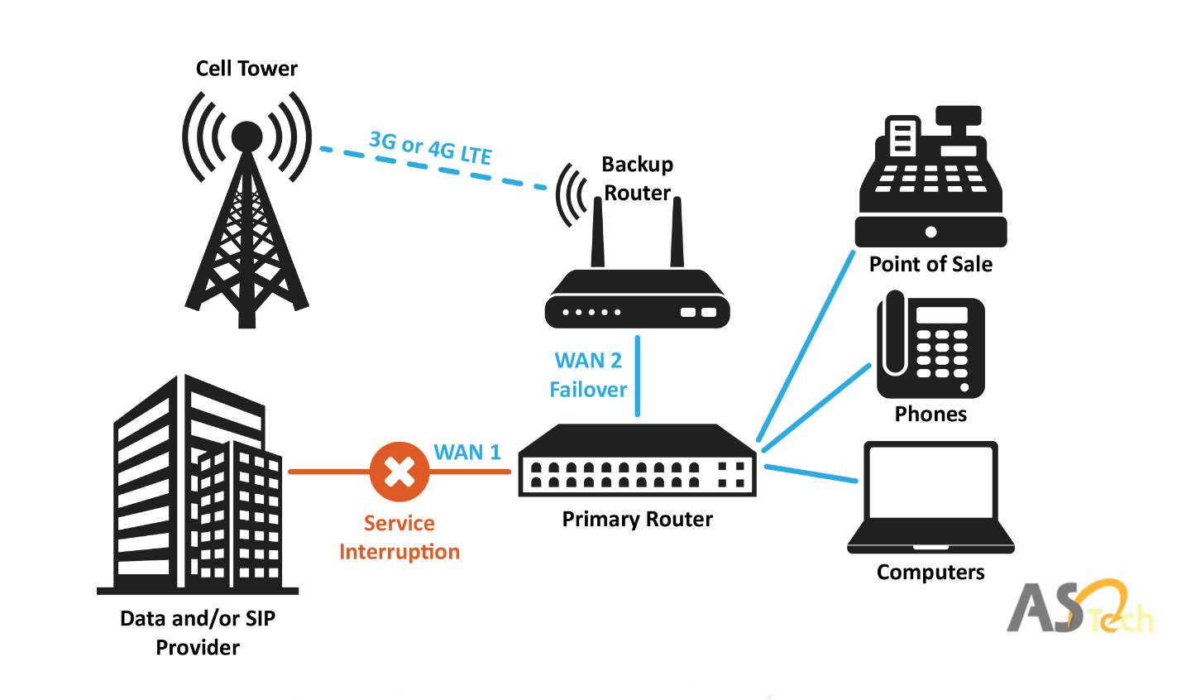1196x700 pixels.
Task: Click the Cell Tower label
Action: pos(246,69)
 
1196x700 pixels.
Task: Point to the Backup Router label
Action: pos(637,178)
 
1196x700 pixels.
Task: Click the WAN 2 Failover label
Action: pos(588,375)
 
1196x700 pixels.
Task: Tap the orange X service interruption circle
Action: pos(399,472)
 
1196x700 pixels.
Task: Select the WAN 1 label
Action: pos(467,452)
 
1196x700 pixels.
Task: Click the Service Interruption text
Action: pos(399,538)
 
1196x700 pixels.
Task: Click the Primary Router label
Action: pos(637,520)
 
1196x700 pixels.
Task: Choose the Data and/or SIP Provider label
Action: pos(198,633)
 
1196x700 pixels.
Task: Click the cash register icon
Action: pos(930,178)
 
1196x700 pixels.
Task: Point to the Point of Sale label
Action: pos(930,265)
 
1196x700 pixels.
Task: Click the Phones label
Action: pos(930,414)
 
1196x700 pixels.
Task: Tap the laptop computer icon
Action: pos(930,496)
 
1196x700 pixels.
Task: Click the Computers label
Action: pos(930,573)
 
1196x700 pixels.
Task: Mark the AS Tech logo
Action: pos(1079,608)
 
